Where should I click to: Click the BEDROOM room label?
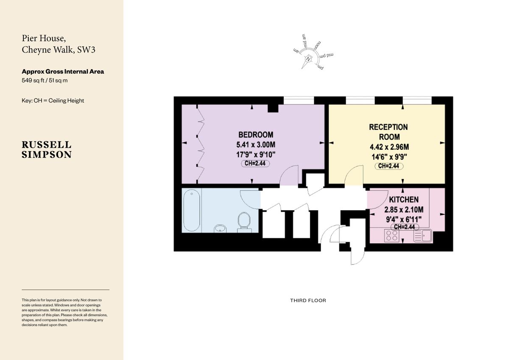pos(255,135)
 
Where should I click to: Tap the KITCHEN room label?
pos(404,200)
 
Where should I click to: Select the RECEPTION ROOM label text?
pos(389,132)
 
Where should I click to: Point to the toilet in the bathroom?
pos(244,221)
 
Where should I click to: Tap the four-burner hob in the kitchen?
pos(391,236)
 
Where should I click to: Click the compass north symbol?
pos(308,59)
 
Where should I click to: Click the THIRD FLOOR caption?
pos(308,301)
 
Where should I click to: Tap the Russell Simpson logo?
pos(47,150)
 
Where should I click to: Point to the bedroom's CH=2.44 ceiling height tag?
pos(255,163)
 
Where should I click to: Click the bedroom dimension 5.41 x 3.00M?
pos(255,145)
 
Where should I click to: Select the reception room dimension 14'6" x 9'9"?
pos(389,157)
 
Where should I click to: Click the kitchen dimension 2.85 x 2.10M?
pos(404,210)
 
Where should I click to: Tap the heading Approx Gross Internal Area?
pos(63,72)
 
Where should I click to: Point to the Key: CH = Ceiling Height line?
pos(53,101)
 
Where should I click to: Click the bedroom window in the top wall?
pos(298,100)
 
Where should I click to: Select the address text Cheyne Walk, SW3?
pos(59,50)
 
